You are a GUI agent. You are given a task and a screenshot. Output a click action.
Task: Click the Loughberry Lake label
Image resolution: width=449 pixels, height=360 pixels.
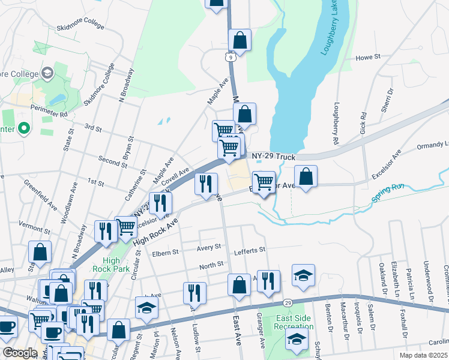pyautogui.click(x=331, y=29)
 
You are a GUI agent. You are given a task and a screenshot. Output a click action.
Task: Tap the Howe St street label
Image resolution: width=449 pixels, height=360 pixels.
pyautogui.click(x=369, y=58)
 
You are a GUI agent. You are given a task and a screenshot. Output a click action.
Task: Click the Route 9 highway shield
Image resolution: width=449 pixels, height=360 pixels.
pyautogui.click(x=230, y=57)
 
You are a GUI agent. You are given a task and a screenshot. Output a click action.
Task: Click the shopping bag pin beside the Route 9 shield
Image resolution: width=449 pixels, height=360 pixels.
pyautogui.click(x=240, y=41)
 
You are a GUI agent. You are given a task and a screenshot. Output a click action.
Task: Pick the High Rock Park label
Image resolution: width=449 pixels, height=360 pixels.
pyautogui.click(x=111, y=265)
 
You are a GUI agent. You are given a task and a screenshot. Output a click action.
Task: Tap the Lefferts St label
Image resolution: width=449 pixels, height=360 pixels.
pyautogui.click(x=250, y=250)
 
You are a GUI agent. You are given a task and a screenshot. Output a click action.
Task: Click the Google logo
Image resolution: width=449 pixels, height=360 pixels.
pyautogui.click(x=20, y=353)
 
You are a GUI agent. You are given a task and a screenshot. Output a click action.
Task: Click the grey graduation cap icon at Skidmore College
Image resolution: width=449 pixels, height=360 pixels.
pyautogui.click(x=47, y=73)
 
